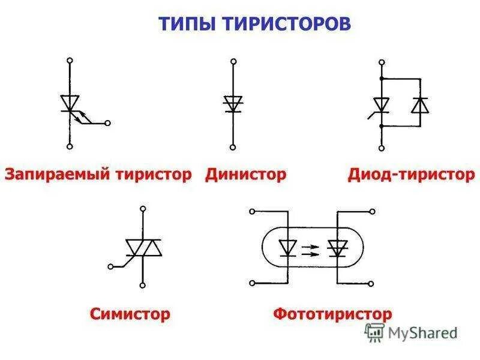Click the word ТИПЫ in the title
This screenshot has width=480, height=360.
click(185, 23)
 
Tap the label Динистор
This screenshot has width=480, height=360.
click(246, 175)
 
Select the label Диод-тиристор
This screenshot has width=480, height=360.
click(411, 175)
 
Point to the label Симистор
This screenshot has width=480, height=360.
click(130, 313)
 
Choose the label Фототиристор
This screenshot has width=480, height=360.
click(332, 313)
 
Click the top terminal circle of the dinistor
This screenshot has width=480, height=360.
click(233, 61)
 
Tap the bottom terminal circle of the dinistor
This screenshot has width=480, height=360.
click(233, 147)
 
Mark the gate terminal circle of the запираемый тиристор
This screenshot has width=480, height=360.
click(107, 124)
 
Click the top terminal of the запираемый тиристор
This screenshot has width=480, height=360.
click(70, 61)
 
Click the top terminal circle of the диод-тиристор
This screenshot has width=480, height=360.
click(380, 61)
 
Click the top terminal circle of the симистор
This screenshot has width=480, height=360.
click(143, 209)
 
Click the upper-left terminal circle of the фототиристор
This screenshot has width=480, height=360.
click(252, 211)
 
